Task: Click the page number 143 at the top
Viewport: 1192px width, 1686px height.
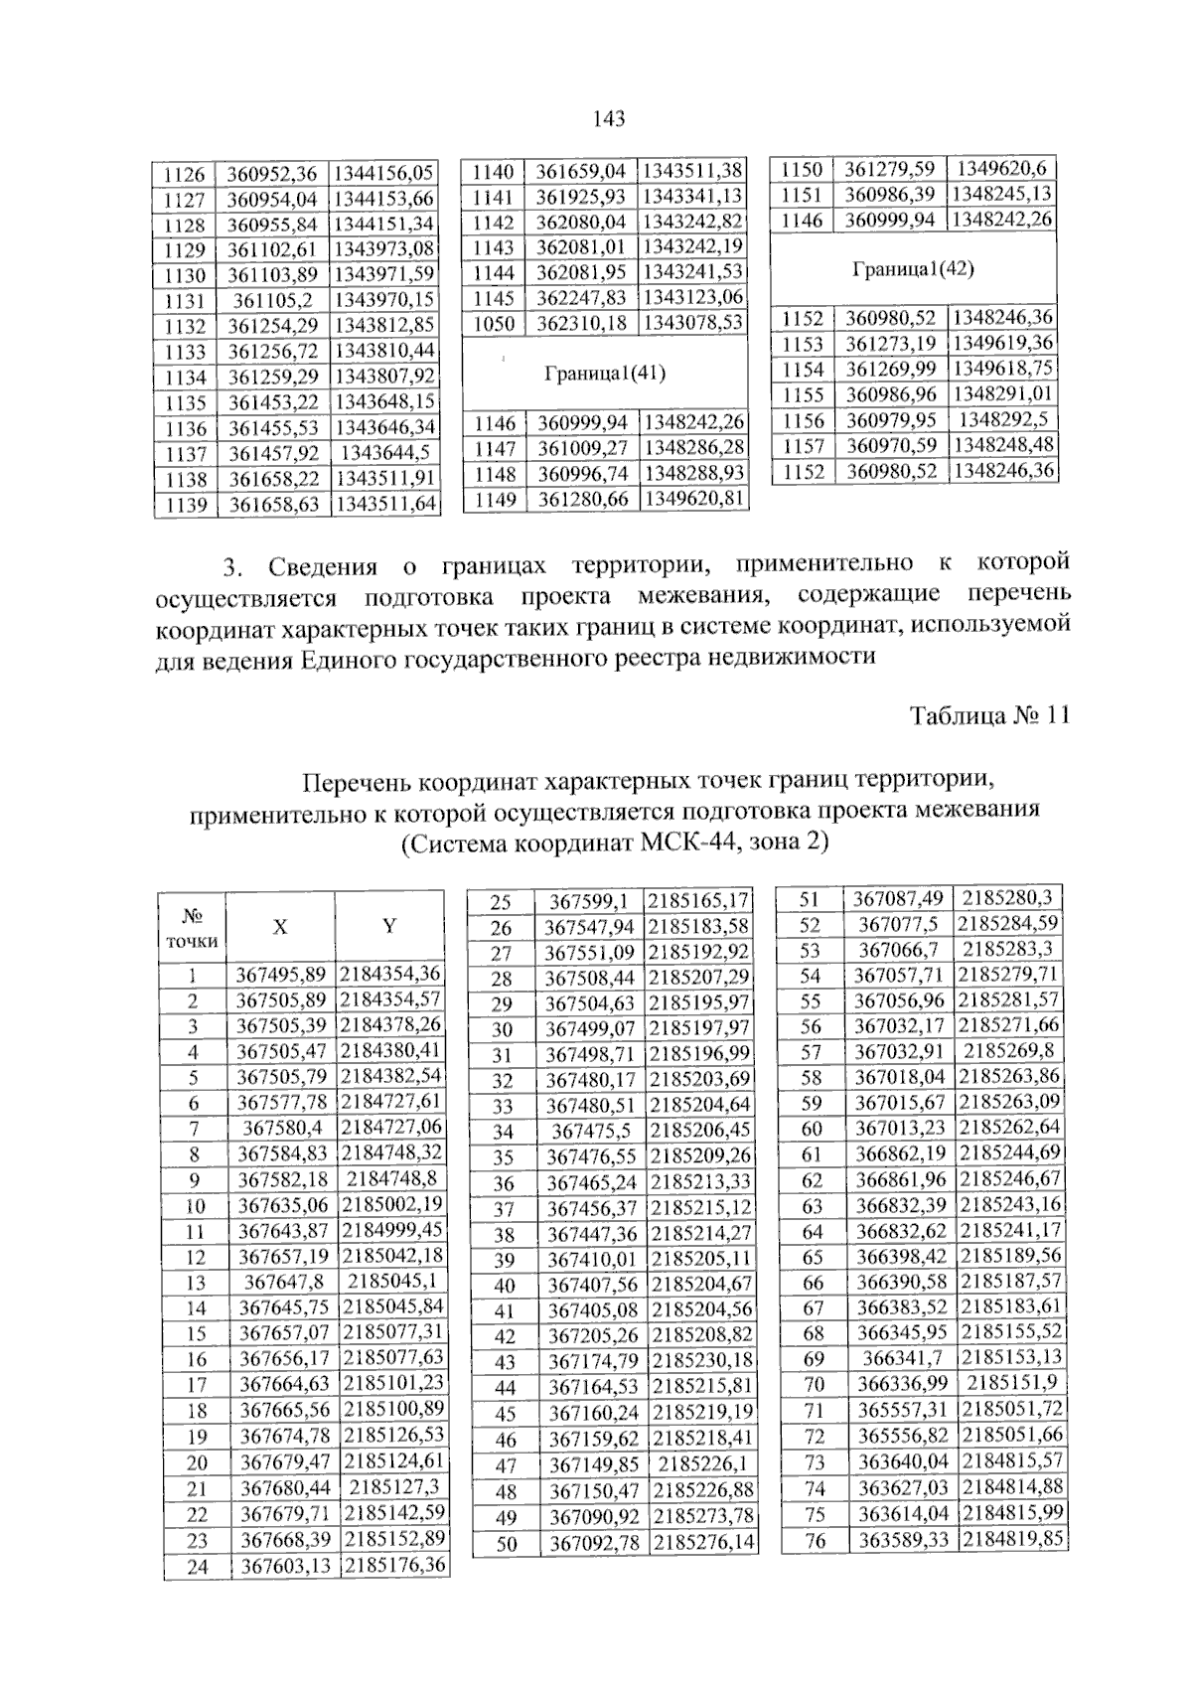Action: [608, 120]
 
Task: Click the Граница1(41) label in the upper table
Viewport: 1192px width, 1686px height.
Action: [605, 374]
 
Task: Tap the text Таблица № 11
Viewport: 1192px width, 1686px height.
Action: [989, 715]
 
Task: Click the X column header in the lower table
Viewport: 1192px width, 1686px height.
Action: [280, 927]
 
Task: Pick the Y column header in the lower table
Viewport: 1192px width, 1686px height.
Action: [389, 927]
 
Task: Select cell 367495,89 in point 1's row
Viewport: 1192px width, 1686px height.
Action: [280, 975]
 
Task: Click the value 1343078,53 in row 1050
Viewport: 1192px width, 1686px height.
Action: [692, 323]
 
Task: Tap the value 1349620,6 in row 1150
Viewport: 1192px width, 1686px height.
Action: [1000, 168]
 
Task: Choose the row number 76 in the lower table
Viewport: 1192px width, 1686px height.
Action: [813, 1541]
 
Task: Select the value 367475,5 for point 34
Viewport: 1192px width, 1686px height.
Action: [592, 1131]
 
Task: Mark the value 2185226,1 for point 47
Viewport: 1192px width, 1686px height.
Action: [700, 1463]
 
